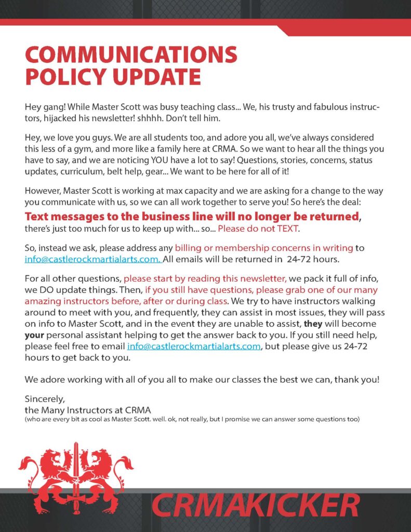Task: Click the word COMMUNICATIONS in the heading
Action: (131, 55)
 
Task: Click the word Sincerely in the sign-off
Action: (44, 400)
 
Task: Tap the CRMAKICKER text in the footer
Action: (256, 506)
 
